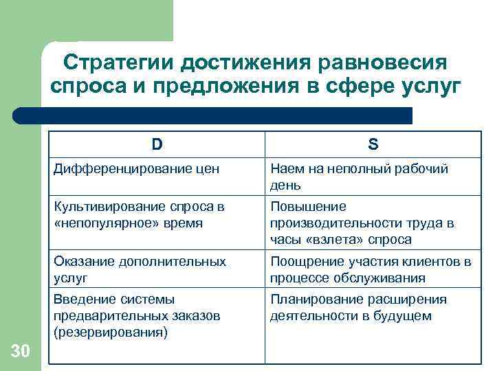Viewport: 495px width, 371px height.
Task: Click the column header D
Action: [157, 144]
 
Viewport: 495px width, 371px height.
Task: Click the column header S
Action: [373, 144]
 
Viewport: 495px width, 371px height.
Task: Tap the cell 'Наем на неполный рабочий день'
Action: [360, 177]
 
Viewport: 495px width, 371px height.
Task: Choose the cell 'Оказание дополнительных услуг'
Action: [140, 269]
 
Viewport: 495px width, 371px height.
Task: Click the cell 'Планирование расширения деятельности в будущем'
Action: [358, 307]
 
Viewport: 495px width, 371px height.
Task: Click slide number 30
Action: [21, 352]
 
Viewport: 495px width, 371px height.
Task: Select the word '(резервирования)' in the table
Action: [110, 332]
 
